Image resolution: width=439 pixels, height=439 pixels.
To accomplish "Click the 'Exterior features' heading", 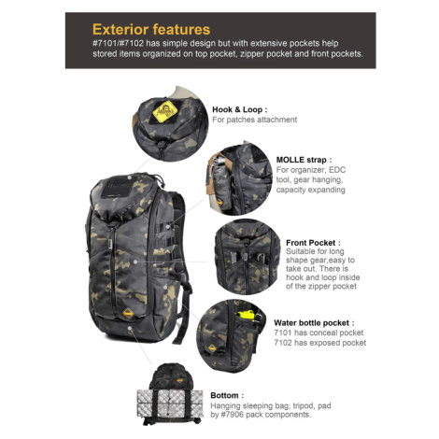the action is [151, 30].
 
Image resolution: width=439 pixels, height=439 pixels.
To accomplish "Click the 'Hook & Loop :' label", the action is [239, 109].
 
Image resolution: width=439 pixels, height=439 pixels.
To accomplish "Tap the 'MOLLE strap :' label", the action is [304, 160].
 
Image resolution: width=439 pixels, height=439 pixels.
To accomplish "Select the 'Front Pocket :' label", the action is [313, 243].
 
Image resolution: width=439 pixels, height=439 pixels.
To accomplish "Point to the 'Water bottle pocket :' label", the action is [314, 322].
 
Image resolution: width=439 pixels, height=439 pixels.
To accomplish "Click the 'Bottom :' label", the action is [227, 395].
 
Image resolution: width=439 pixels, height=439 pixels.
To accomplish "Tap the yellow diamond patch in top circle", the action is [165, 111].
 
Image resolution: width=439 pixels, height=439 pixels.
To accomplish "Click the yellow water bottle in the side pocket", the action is [248, 315].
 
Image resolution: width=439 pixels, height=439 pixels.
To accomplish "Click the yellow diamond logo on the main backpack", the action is [128, 313].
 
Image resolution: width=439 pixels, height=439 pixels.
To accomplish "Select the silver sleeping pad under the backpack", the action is [170, 404].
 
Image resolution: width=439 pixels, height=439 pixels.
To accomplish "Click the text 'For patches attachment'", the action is [254, 120].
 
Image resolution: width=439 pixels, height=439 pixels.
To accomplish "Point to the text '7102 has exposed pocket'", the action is [319, 343].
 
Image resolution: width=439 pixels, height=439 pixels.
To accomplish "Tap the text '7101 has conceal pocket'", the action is [319, 333].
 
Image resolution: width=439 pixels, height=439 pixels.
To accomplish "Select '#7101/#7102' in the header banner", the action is [118, 43].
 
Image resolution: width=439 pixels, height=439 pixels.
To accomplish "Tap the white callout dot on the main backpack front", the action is [135, 262].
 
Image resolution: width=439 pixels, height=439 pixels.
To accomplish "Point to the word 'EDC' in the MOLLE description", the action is [337, 170].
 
